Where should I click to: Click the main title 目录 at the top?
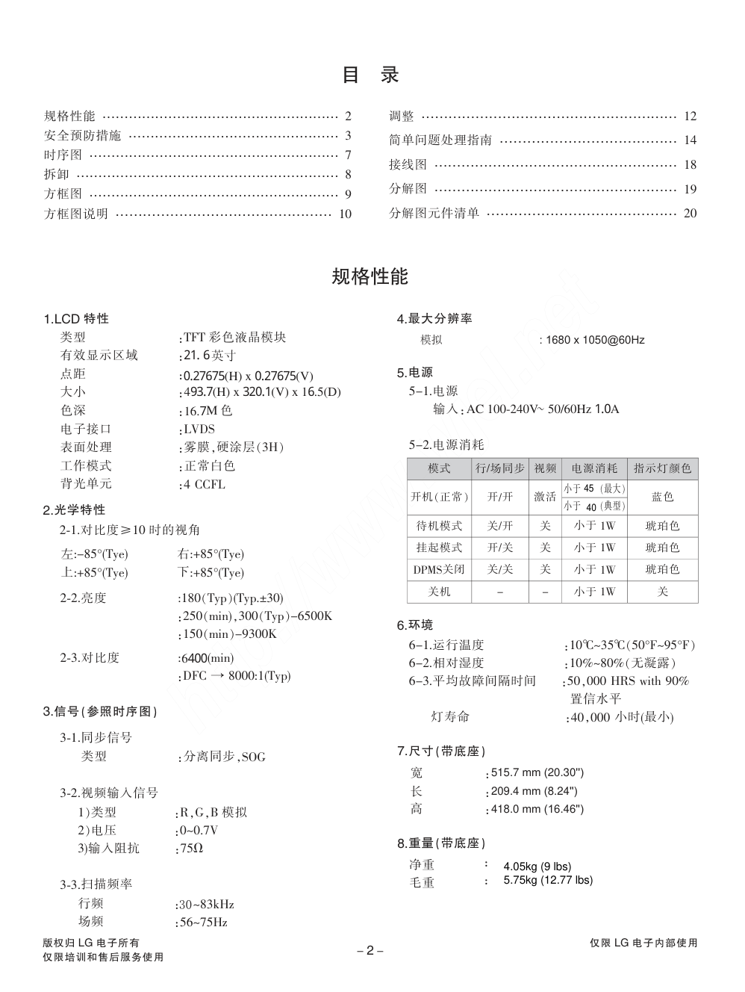point(370,75)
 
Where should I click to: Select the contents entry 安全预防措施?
point(82,136)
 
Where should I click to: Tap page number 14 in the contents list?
point(690,140)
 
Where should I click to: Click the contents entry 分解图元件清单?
point(434,214)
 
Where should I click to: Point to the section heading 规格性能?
point(370,276)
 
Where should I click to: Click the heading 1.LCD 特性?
point(76,319)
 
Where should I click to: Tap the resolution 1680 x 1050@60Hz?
point(595,340)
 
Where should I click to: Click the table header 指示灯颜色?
point(662,468)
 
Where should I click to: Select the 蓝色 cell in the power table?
point(662,497)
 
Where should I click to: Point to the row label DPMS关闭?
point(439,569)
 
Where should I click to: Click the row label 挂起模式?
point(439,548)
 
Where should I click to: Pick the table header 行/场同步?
point(499,468)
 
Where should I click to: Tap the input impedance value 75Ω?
point(192,849)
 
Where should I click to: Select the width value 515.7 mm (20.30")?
point(537,772)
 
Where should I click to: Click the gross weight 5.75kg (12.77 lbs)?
point(548,880)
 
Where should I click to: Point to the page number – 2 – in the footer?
point(370,951)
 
